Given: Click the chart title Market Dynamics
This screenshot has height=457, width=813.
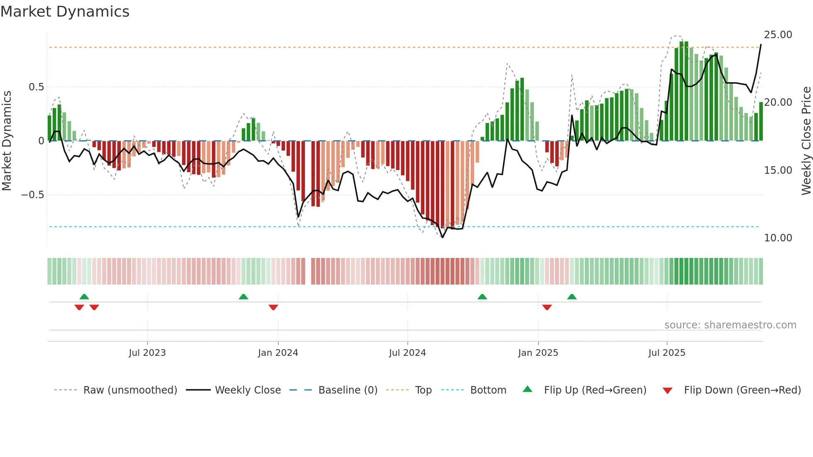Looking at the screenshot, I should pos(65,12).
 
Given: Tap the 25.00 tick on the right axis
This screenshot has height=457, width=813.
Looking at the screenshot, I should pos(778,35).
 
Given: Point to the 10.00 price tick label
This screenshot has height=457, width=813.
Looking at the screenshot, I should pos(778,238).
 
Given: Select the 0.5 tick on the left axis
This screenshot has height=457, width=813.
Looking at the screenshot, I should pos(36,87).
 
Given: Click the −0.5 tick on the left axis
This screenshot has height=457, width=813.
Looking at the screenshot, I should pos(33,195).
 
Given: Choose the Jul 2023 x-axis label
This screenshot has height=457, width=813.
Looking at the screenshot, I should pos(147,353).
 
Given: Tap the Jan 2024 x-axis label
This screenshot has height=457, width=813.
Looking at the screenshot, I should pos(278,353).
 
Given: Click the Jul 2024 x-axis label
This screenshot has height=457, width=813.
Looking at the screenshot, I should pos(407,353).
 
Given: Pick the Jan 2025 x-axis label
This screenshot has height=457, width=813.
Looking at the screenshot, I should pos(538,353).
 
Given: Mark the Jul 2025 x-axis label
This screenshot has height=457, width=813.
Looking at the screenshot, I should pos(667,353).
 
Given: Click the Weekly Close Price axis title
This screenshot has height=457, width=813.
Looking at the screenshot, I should pos(806,141).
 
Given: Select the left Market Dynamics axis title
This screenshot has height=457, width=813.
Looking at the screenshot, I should pos(7,141).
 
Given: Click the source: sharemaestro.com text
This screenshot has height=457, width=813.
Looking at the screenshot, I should pos(730,325).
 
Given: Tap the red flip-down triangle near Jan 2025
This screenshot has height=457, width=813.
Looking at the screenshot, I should pos(547,307).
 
